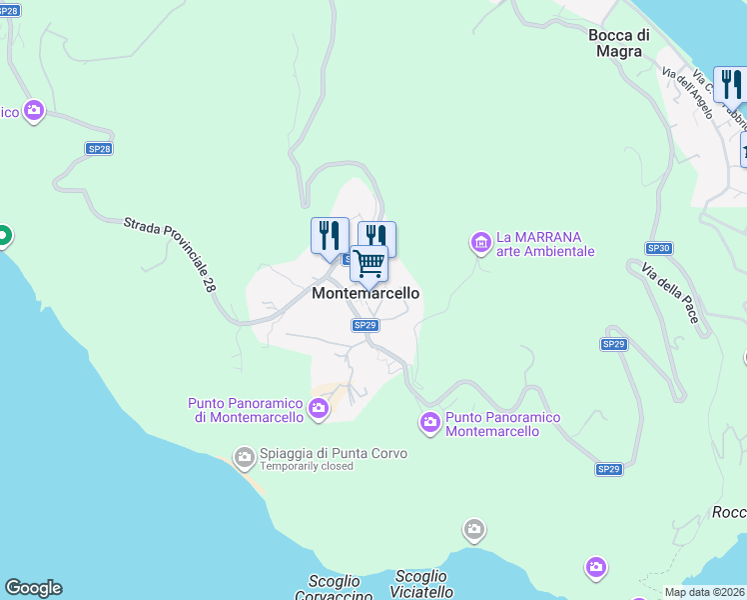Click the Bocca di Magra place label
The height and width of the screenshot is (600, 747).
(619, 43)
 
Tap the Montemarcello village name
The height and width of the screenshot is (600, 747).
(366, 293)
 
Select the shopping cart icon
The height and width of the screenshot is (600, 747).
(370, 265)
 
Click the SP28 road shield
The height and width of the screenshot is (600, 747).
(99, 148)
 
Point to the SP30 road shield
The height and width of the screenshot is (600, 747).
(658, 248)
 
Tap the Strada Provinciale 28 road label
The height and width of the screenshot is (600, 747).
(170, 256)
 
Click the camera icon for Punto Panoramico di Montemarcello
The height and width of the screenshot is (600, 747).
(319, 407)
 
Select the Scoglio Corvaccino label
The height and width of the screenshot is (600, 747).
(334, 587)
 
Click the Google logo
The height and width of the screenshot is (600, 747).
(33, 588)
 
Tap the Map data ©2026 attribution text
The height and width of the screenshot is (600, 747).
(704, 592)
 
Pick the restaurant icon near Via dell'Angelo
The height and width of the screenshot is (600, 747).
(729, 86)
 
